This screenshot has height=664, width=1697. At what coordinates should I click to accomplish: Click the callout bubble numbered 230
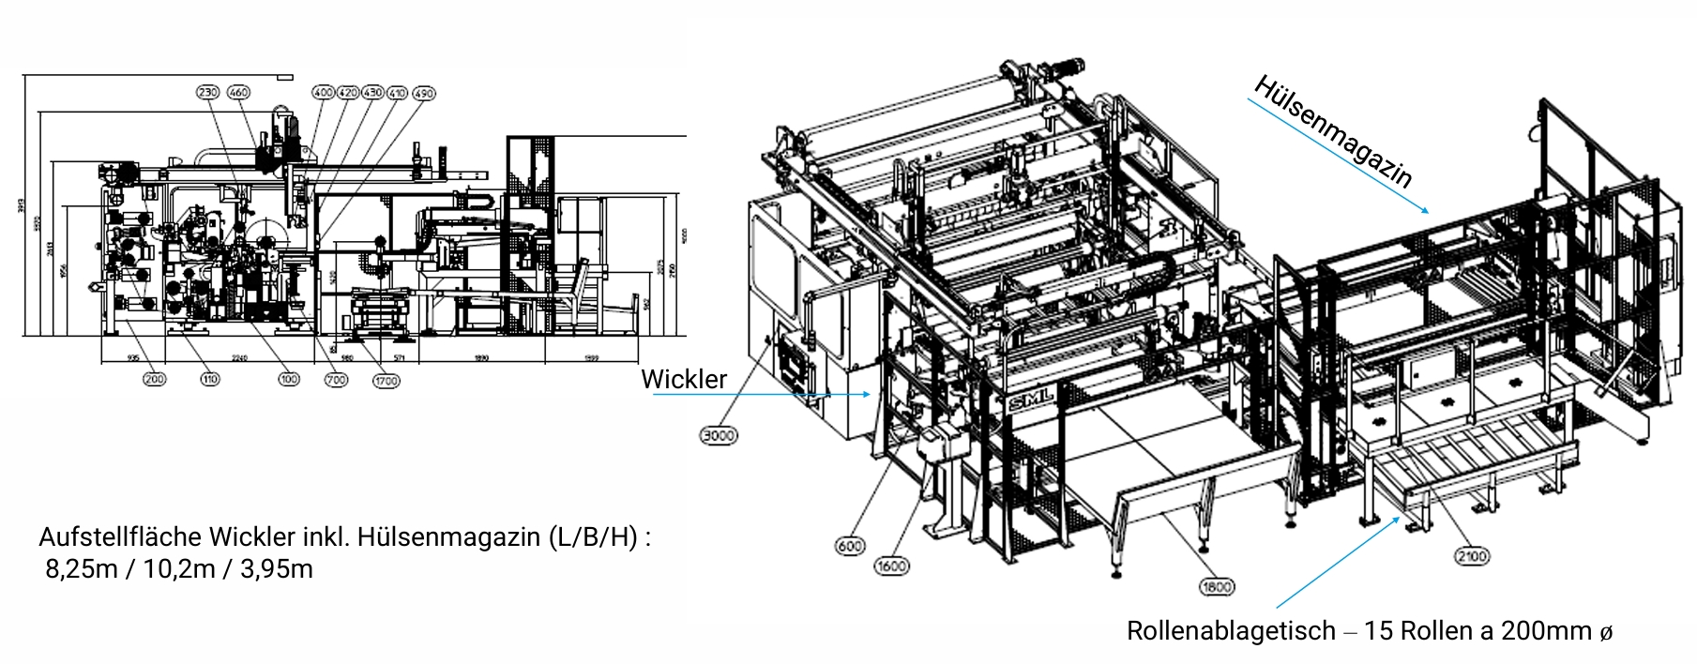point(207,92)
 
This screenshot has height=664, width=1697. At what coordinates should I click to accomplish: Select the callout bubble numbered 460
point(239,92)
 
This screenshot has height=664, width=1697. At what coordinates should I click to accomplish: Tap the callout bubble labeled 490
point(424,93)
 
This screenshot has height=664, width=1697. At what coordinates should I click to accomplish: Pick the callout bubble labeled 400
point(323,93)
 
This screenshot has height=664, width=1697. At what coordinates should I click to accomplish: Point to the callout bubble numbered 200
point(154,379)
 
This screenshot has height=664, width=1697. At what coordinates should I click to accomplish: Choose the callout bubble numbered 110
point(209,379)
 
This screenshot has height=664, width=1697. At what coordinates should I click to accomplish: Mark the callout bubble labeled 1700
point(386,381)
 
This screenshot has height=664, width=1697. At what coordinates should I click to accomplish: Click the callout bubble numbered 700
point(336,379)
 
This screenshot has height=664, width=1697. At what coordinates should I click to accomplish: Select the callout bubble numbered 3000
point(719,435)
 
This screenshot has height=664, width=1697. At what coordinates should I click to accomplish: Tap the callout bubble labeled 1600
point(891,566)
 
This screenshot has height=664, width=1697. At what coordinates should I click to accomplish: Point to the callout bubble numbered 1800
point(1217,587)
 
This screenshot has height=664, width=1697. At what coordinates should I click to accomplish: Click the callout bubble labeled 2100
point(1471,556)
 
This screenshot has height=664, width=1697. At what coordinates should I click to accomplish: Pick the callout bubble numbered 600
point(850,546)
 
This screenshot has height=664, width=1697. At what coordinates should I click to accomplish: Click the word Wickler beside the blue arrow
point(684,379)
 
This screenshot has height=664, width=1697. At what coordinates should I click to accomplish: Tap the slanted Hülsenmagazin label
point(1333,131)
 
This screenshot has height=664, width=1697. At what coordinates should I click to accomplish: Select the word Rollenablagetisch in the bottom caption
point(1231,631)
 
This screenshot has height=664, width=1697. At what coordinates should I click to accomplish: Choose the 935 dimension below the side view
point(132,358)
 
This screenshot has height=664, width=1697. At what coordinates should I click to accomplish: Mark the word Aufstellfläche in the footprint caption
point(121,537)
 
